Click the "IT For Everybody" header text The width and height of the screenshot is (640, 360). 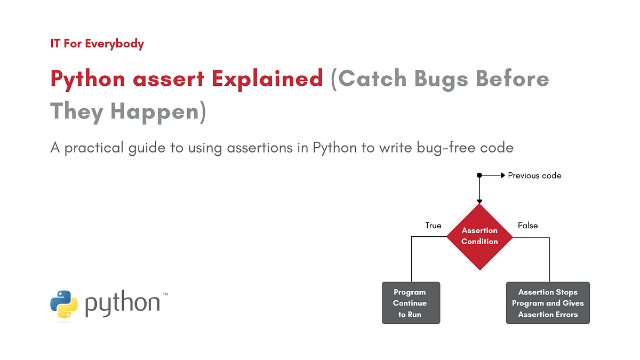(97, 44)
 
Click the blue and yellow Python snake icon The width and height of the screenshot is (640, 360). (64, 304)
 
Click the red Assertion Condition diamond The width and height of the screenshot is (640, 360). (479, 236)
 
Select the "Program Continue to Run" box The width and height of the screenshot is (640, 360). (411, 303)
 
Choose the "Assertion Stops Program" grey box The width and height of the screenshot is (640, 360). (548, 303)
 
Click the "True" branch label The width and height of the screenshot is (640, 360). (433, 226)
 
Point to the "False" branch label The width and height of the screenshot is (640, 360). (527, 226)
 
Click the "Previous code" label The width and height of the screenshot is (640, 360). (534, 175)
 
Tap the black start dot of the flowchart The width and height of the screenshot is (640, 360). (479, 175)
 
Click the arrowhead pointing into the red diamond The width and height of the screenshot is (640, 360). (479, 200)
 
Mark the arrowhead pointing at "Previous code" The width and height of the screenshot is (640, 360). (502, 175)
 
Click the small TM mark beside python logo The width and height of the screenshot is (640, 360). (165, 294)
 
